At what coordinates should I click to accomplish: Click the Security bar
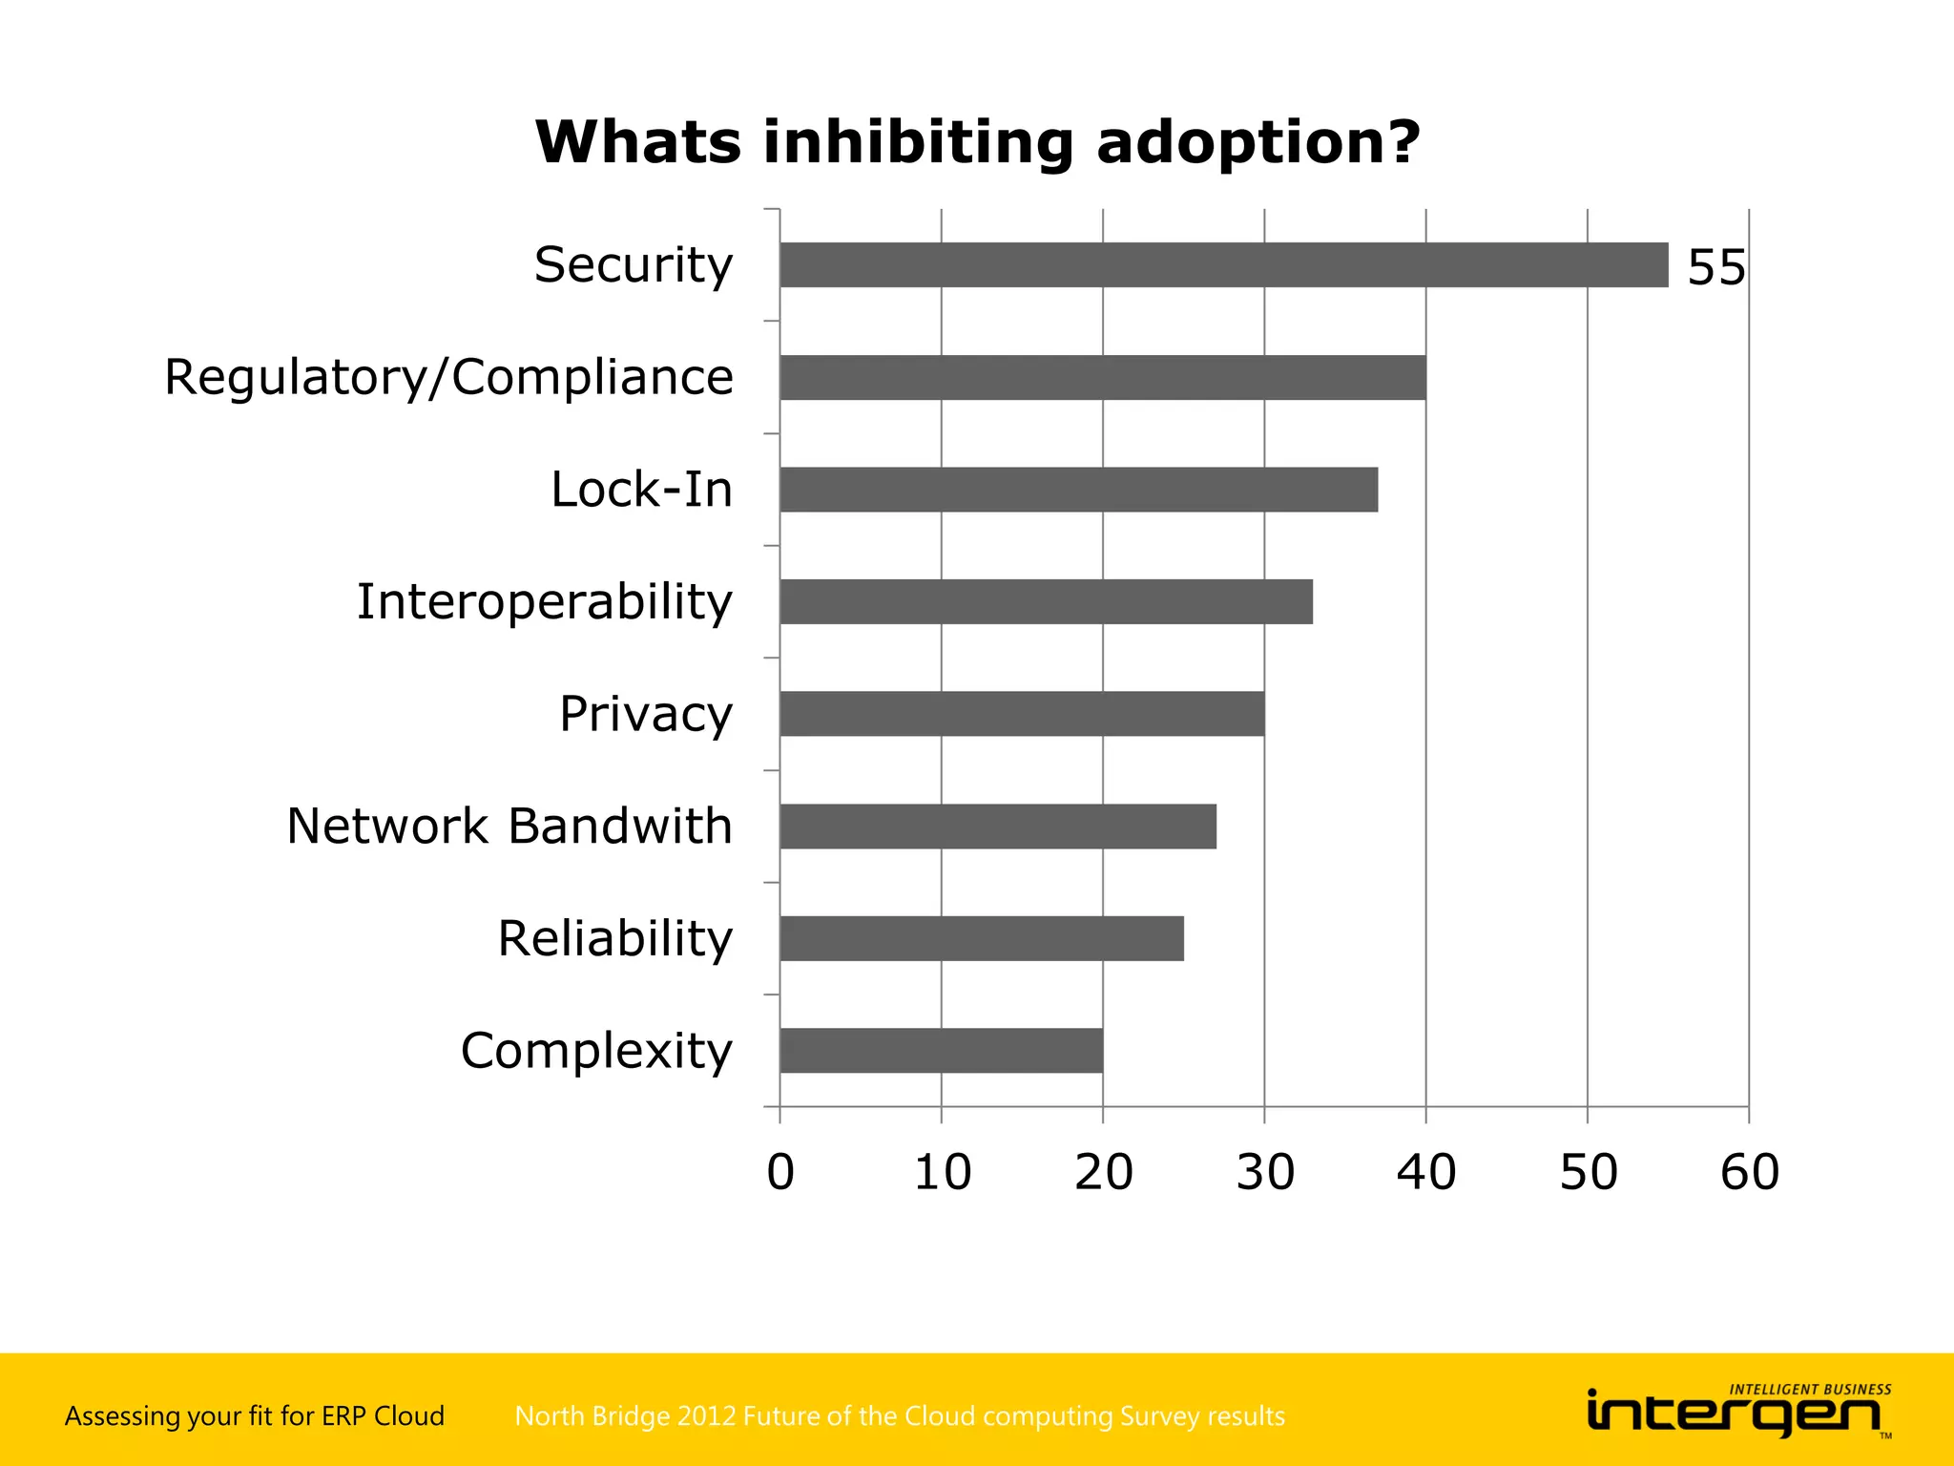click(1223, 264)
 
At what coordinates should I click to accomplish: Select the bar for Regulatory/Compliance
click(1102, 377)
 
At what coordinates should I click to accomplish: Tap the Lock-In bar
click(1078, 490)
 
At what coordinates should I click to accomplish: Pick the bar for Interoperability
click(1046, 601)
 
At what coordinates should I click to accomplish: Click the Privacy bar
click(1021, 714)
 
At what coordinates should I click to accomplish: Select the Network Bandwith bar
click(997, 826)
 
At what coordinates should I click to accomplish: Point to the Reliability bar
click(981, 938)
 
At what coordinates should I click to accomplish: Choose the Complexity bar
click(941, 1050)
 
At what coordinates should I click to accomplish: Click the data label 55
click(1715, 267)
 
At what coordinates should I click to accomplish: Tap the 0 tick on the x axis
click(780, 1172)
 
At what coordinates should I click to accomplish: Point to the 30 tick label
click(1265, 1172)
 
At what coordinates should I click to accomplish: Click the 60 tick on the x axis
click(1749, 1172)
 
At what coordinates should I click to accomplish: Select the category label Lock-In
click(641, 490)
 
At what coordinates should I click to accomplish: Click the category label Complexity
click(596, 1051)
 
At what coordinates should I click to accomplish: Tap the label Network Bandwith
click(509, 826)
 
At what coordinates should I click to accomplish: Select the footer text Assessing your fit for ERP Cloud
click(255, 1415)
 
